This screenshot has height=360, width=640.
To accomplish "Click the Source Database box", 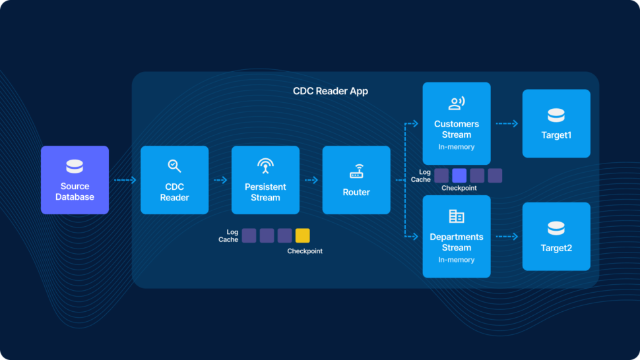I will pos(75,180).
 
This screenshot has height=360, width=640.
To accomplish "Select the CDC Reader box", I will pos(174,180).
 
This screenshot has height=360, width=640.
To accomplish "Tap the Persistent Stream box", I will pos(265,180).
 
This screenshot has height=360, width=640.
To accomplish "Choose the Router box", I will pos(356,180).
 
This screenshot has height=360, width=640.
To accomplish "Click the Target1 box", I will pos(556,123).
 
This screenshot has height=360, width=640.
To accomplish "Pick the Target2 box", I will pos(556,237).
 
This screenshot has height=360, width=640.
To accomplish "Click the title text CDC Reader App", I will pos(331,91).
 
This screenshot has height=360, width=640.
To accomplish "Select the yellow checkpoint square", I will pos(302,235).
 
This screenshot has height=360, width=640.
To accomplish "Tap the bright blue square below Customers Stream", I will pos(459,175).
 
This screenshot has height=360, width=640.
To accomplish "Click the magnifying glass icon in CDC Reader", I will pos(174,165).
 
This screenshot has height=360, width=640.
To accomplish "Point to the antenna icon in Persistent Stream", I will pos(265,165).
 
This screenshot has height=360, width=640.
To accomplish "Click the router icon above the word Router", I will pos(356,173).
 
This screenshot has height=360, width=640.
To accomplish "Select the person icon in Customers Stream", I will pos(457,103).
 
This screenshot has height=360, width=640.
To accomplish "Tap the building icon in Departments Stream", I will pos(457,216).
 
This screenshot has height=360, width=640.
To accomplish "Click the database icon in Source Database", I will pos(75,166).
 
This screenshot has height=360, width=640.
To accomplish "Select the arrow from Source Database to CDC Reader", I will pos(125,180).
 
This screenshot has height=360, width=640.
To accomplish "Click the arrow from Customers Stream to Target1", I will pos(507,123).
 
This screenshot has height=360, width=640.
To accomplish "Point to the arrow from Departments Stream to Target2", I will pos(507,236).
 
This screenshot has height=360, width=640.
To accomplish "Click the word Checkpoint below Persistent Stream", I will pos(305,251).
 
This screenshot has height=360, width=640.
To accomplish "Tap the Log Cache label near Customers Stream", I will pos(420,175).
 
